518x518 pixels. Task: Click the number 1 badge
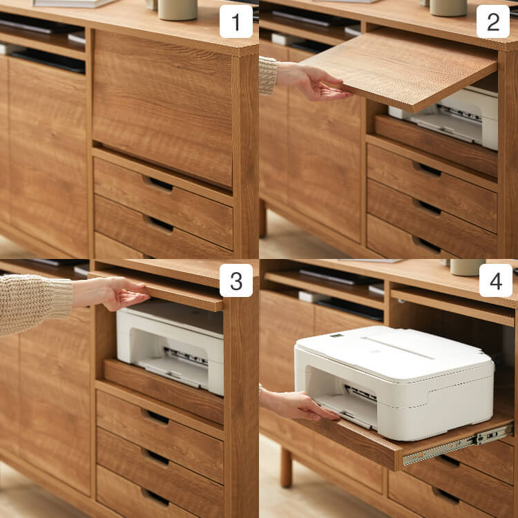(236, 21)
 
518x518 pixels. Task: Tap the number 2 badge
(493, 21)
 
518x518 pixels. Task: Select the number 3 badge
(236, 280)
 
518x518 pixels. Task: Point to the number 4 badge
(495, 280)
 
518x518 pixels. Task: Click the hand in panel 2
(314, 82)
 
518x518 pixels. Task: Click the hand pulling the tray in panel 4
(299, 405)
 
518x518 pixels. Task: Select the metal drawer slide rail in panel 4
(458, 444)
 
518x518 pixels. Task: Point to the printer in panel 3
(170, 347)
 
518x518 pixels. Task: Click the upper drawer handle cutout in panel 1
(157, 184)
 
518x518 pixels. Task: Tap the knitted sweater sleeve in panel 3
(35, 304)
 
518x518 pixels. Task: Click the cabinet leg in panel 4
(286, 468)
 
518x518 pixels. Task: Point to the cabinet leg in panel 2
(262, 218)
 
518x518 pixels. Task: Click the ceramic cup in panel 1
(178, 9)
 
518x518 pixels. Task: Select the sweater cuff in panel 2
(267, 75)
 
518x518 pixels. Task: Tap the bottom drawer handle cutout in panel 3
(155, 497)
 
